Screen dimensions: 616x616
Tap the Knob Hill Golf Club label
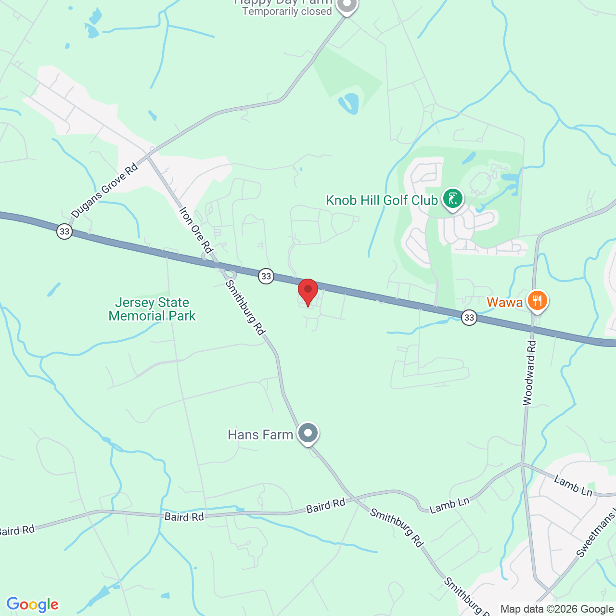coord(382,200)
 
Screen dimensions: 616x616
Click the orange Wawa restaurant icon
coord(537,301)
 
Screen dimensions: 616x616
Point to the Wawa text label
coord(504,302)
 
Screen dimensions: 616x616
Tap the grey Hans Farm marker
coord(308,433)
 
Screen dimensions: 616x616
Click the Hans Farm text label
coord(260,435)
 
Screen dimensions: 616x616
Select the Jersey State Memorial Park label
coord(152,309)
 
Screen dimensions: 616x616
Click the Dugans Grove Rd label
coord(104,191)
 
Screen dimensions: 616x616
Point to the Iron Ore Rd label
coord(195,230)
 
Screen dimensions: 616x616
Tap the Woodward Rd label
coord(528,373)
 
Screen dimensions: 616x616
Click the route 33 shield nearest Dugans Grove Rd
coord(64,231)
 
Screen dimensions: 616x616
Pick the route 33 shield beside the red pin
coord(266,276)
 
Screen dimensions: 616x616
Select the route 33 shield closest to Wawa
coord(469,317)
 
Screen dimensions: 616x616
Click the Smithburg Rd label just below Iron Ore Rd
coord(245,308)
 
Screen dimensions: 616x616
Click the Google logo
coord(33,604)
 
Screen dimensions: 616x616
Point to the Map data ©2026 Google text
coord(557,609)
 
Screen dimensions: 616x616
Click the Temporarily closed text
coord(287,12)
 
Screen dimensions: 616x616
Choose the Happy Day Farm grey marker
coord(346,5)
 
